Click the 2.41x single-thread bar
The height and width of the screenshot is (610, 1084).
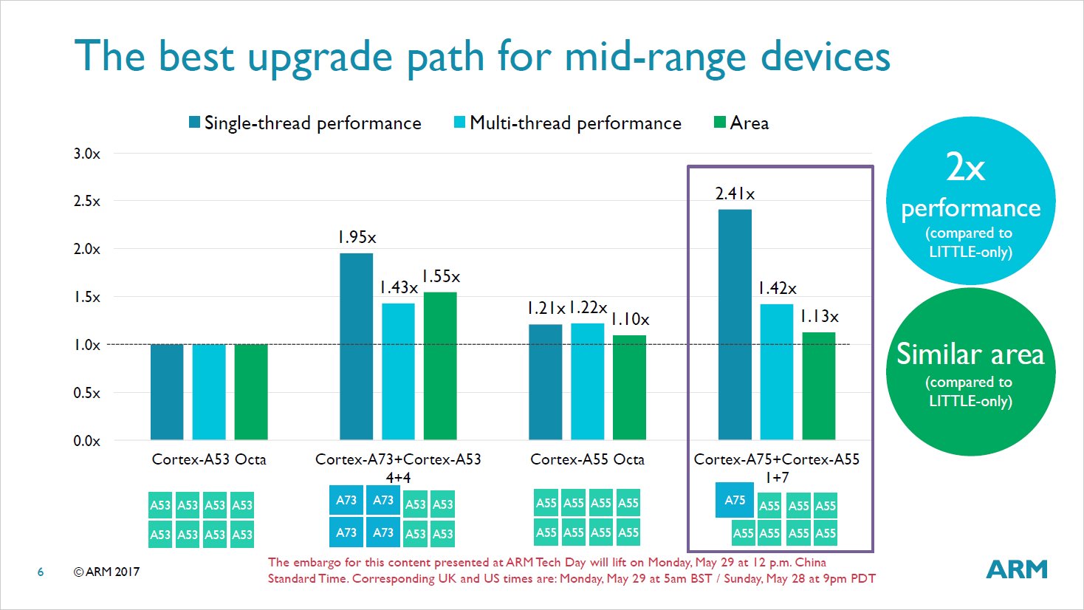tap(735, 324)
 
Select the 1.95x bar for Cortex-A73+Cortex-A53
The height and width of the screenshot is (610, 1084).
tap(356, 346)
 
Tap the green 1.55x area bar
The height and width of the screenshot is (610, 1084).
tap(440, 366)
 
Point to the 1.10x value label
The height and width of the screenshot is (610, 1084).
tap(630, 320)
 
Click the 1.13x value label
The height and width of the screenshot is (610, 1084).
tap(819, 317)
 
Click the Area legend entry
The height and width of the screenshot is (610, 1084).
tap(741, 123)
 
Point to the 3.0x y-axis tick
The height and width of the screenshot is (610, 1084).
tap(86, 154)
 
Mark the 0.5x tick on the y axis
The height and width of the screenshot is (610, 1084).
tap(86, 393)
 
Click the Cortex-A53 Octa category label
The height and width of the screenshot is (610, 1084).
tap(209, 459)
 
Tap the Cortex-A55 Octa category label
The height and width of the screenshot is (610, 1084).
tap(587, 459)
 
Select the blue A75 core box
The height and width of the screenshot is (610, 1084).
tap(735, 500)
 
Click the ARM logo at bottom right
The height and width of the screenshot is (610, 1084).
tap(1017, 569)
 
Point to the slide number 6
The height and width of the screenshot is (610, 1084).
tap(41, 572)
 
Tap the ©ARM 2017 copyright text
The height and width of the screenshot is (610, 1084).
tap(106, 572)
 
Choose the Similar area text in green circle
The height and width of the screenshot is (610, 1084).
tap(970, 354)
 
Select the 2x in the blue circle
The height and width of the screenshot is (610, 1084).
tap(966, 168)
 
